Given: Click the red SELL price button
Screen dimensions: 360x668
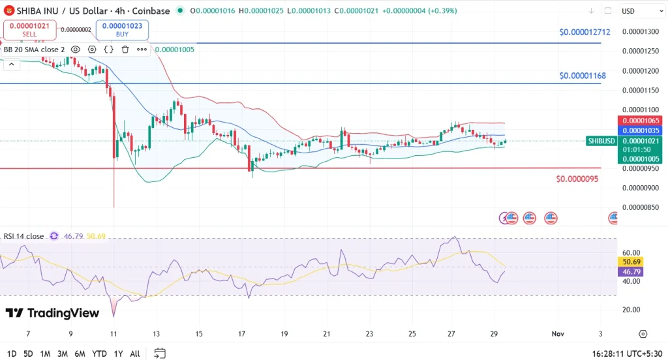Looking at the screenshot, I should coord(29,29).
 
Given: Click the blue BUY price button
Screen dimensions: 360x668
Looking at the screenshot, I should coord(123,29).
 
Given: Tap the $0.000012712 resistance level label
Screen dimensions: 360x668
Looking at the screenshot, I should coord(584,32).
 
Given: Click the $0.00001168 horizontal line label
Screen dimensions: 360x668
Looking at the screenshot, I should coord(583,76).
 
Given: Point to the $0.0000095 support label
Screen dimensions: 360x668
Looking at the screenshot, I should coord(577,179).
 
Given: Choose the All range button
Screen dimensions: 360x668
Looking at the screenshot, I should coord(134,353).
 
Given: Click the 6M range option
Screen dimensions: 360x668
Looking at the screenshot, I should coord(80,353).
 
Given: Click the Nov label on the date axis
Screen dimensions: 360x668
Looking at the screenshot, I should coord(558,333).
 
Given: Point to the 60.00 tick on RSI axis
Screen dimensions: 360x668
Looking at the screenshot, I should coord(631,252).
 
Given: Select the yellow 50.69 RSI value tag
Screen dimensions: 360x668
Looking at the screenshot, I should coord(630,262).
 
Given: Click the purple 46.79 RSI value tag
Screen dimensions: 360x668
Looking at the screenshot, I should coord(630,271).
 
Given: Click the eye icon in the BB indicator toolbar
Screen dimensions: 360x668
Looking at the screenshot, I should coord(76,49).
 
